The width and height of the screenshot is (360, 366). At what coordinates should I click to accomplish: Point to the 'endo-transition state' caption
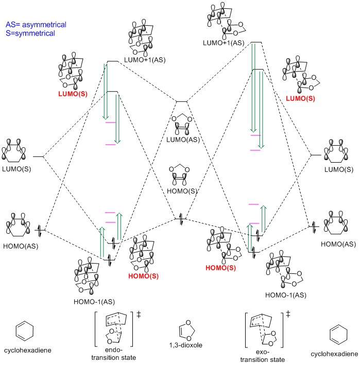[115, 353]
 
